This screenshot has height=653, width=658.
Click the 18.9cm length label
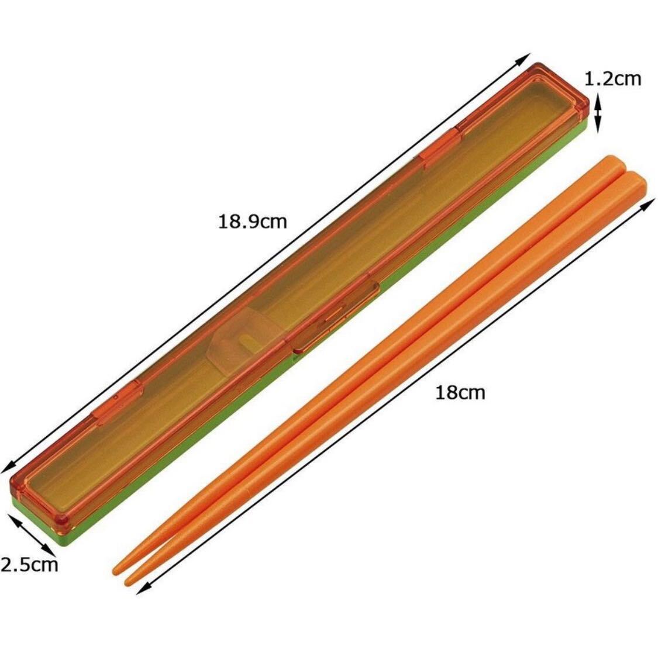pyautogui.click(x=252, y=221)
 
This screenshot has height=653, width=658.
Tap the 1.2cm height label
pyautogui.click(x=613, y=78)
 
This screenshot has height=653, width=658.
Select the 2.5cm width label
pyautogui.click(x=29, y=565)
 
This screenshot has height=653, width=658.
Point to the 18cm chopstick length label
pyautogui.click(x=460, y=393)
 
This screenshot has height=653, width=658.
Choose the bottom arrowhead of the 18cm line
pyautogui.click(x=143, y=589)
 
